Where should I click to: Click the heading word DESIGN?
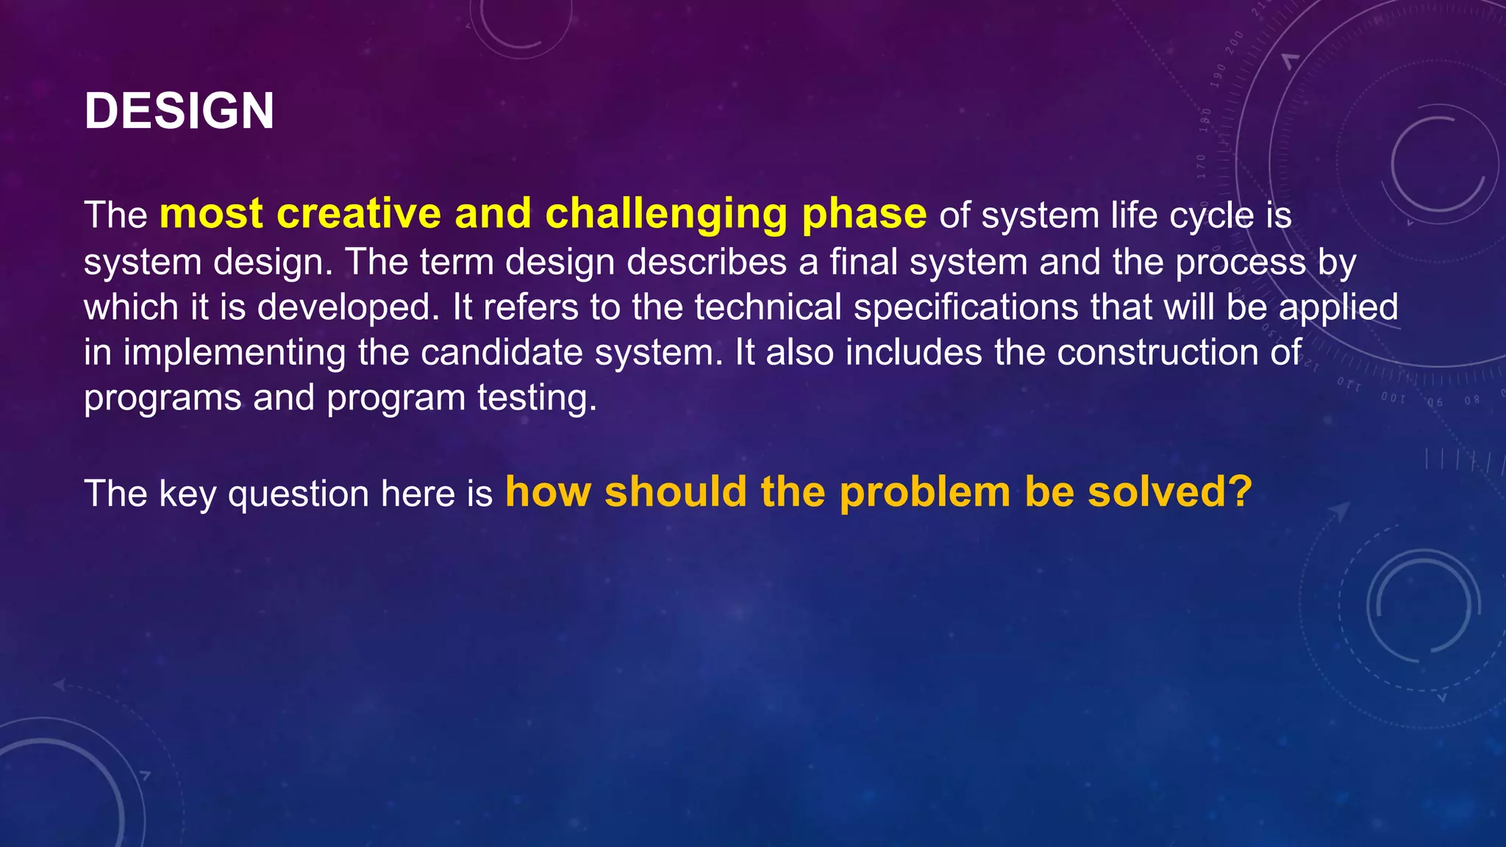[x=179, y=112]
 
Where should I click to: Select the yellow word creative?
[x=359, y=214]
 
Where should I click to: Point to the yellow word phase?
[x=864, y=215]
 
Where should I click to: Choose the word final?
[x=864, y=262]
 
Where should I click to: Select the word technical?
[x=768, y=307]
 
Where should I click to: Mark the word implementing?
[x=235, y=354]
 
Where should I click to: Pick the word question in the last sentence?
[x=299, y=494]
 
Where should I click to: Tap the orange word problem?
[x=925, y=493]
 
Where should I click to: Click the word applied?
[x=1338, y=308]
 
